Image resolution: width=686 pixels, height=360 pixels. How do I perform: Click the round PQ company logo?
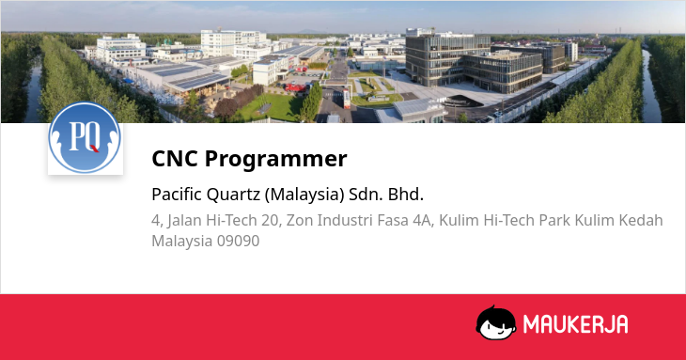(x=85, y=137)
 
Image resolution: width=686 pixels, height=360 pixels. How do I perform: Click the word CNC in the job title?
(x=175, y=158)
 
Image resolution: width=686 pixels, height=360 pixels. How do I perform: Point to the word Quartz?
(x=233, y=195)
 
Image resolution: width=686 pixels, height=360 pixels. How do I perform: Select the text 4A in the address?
(x=423, y=221)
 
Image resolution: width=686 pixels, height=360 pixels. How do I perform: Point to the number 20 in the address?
(x=271, y=221)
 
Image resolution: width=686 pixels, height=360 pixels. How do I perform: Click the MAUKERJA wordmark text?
(x=576, y=324)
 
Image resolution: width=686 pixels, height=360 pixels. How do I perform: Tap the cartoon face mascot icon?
(x=495, y=322)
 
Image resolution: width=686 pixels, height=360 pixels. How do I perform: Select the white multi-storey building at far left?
(x=119, y=48)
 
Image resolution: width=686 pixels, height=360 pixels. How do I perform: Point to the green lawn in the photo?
(x=272, y=107)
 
